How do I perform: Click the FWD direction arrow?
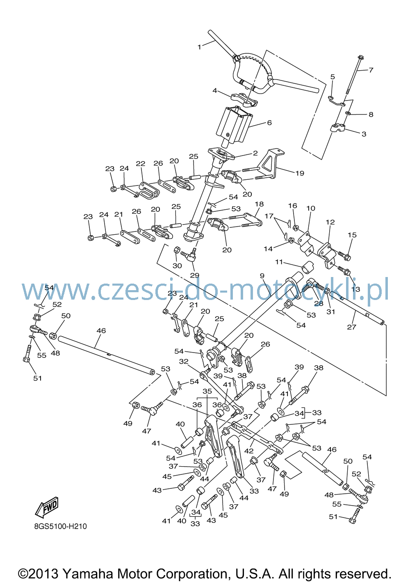tap(47, 508)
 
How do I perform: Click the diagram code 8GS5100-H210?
tap(60, 527)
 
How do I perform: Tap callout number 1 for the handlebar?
tap(200, 47)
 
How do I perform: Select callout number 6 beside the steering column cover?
tap(269, 123)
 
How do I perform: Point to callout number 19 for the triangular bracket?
tap(300, 173)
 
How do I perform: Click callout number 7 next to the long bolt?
tap(371, 70)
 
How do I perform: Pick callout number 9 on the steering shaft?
tap(262, 276)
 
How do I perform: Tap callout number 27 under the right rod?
tap(351, 327)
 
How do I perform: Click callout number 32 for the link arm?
tap(184, 361)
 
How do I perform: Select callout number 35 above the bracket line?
tap(207, 392)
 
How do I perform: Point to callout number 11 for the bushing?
tap(279, 262)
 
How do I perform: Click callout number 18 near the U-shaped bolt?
tap(260, 204)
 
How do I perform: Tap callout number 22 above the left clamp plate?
tap(140, 163)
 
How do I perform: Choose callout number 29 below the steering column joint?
tap(195, 275)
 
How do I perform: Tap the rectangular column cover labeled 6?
tap(235, 126)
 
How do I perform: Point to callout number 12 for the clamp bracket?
tap(330, 222)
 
